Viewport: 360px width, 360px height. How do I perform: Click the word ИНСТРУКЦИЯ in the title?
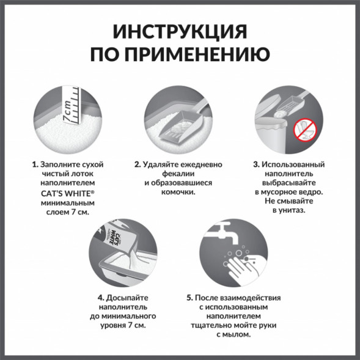(x=180, y=32)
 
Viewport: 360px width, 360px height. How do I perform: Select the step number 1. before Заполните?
(x=35, y=165)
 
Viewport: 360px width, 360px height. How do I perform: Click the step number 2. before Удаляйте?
(x=138, y=165)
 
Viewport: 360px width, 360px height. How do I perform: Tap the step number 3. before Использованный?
(x=255, y=165)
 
